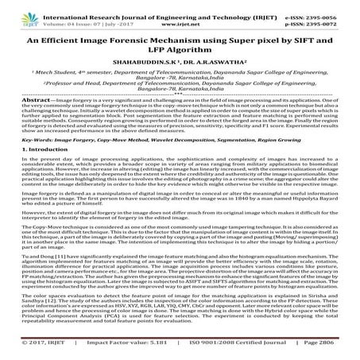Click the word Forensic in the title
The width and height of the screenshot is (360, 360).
click(138, 37)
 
